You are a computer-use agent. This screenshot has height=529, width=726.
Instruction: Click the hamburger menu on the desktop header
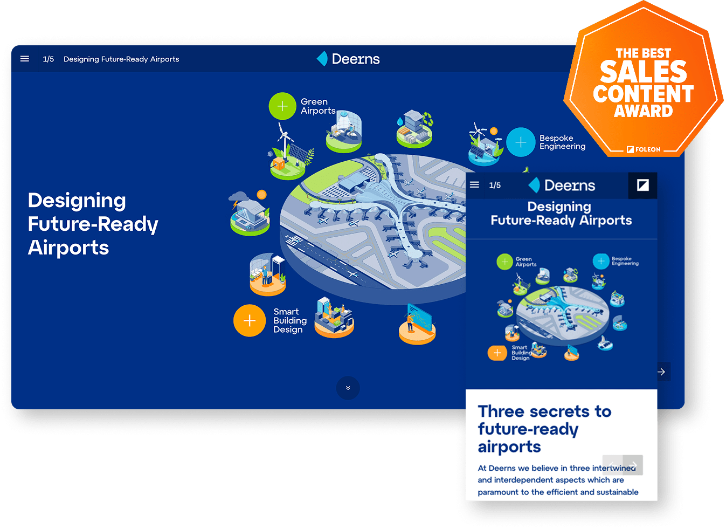click(25, 59)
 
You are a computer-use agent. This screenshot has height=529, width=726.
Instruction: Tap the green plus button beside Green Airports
click(282, 106)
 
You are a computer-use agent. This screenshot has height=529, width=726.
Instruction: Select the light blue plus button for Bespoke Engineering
click(521, 142)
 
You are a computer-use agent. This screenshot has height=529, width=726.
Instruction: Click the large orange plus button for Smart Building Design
click(250, 321)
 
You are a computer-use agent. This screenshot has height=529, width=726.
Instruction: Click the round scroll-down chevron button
click(348, 388)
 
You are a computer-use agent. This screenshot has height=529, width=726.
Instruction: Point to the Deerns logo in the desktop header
click(349, 59)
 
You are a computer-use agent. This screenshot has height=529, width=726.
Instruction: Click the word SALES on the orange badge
click(644, 72)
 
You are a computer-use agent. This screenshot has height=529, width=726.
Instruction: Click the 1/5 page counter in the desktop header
click(49, 59)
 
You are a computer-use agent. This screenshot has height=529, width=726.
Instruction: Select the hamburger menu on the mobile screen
click(474, 185)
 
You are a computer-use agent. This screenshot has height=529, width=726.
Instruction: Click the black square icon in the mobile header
click(642, 185)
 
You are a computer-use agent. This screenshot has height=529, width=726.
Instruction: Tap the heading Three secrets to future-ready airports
click(544, 429)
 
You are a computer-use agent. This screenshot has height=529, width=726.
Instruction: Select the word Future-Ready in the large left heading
click(93, 224)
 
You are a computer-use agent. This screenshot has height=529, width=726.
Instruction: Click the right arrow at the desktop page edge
click(661, 372)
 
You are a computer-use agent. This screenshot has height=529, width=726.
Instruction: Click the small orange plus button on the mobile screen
click(497, 353)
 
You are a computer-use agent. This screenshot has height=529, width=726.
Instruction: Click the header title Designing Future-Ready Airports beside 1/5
click(121, 59)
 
